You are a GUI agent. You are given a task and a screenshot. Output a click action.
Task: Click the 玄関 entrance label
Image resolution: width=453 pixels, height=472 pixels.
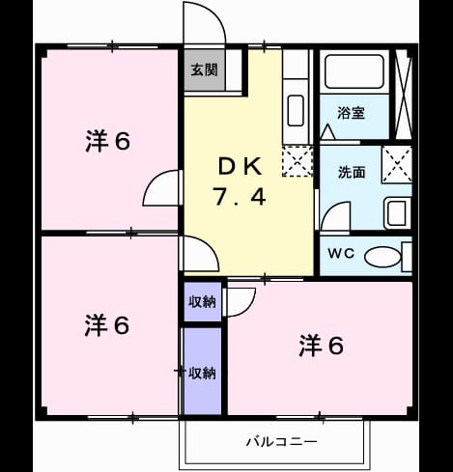tap(204, 69)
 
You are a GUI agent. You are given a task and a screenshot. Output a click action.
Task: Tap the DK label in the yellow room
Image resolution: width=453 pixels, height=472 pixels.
tap(240, 166)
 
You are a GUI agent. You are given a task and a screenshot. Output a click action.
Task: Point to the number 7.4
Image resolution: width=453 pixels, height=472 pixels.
tap(240, 197)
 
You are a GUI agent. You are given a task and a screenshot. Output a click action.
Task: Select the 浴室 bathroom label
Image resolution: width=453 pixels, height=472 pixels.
tap(351, 113)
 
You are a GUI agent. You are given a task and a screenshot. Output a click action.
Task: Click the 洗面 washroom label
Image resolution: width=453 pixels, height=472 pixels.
tap(352, 173)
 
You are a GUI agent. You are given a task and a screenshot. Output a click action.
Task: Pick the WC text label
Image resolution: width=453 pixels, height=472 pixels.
tap(341, 253)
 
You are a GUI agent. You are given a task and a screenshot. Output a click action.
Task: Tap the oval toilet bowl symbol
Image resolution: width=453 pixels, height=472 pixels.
tap(382, 257)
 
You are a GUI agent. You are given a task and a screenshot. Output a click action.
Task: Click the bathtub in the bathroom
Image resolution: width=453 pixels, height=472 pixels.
tap(354, 71)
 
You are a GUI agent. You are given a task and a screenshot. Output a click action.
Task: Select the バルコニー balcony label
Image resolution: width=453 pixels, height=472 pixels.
tap(282, 441)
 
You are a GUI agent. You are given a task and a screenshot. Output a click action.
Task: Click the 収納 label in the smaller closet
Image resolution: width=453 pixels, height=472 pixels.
tap(202, 301)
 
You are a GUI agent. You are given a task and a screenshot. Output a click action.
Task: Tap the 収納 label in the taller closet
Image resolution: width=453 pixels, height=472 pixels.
tap(202, 373)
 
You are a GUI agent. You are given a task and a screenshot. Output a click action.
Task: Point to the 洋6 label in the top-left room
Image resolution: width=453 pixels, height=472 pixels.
tap(108, 141)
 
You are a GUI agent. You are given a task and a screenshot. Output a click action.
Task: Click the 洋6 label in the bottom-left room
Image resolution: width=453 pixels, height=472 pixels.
tap(107, 325)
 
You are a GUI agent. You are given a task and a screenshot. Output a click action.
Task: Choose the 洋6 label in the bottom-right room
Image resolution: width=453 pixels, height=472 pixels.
tap(322, 346)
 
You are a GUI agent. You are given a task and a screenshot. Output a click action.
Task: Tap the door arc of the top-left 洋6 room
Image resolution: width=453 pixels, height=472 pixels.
tap(151, 182)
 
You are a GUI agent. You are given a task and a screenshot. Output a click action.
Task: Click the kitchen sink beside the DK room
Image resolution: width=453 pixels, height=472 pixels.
tap(296, 111)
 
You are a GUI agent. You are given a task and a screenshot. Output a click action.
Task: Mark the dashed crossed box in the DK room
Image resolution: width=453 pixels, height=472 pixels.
tap(297, 161)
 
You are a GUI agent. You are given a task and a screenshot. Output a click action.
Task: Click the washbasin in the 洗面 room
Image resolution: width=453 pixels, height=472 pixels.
tap(397, 212)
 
